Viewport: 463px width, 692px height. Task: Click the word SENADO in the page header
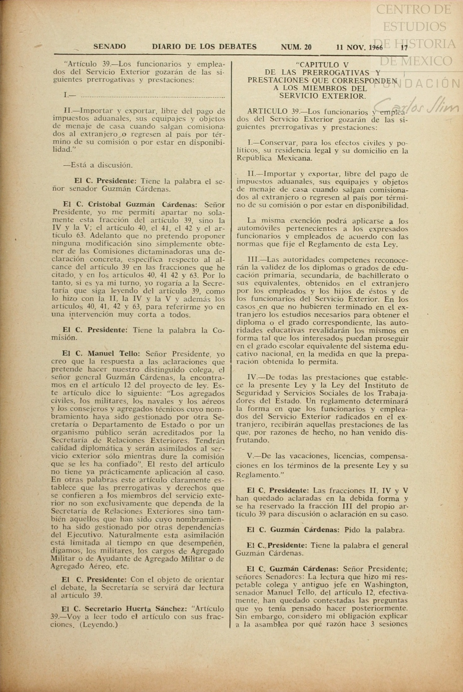point(109,47)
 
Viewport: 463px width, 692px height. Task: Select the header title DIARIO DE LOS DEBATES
point(204,47)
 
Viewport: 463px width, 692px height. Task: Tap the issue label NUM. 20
point(296,47)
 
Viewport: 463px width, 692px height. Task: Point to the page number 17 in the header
point(404,48)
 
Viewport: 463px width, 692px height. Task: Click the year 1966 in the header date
point(376,48)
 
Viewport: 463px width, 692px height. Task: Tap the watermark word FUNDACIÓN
point(430,83)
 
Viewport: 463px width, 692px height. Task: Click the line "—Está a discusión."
point(98,165)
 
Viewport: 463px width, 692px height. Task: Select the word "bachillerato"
point(382,275)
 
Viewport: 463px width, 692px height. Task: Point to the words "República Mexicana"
point(274,158)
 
